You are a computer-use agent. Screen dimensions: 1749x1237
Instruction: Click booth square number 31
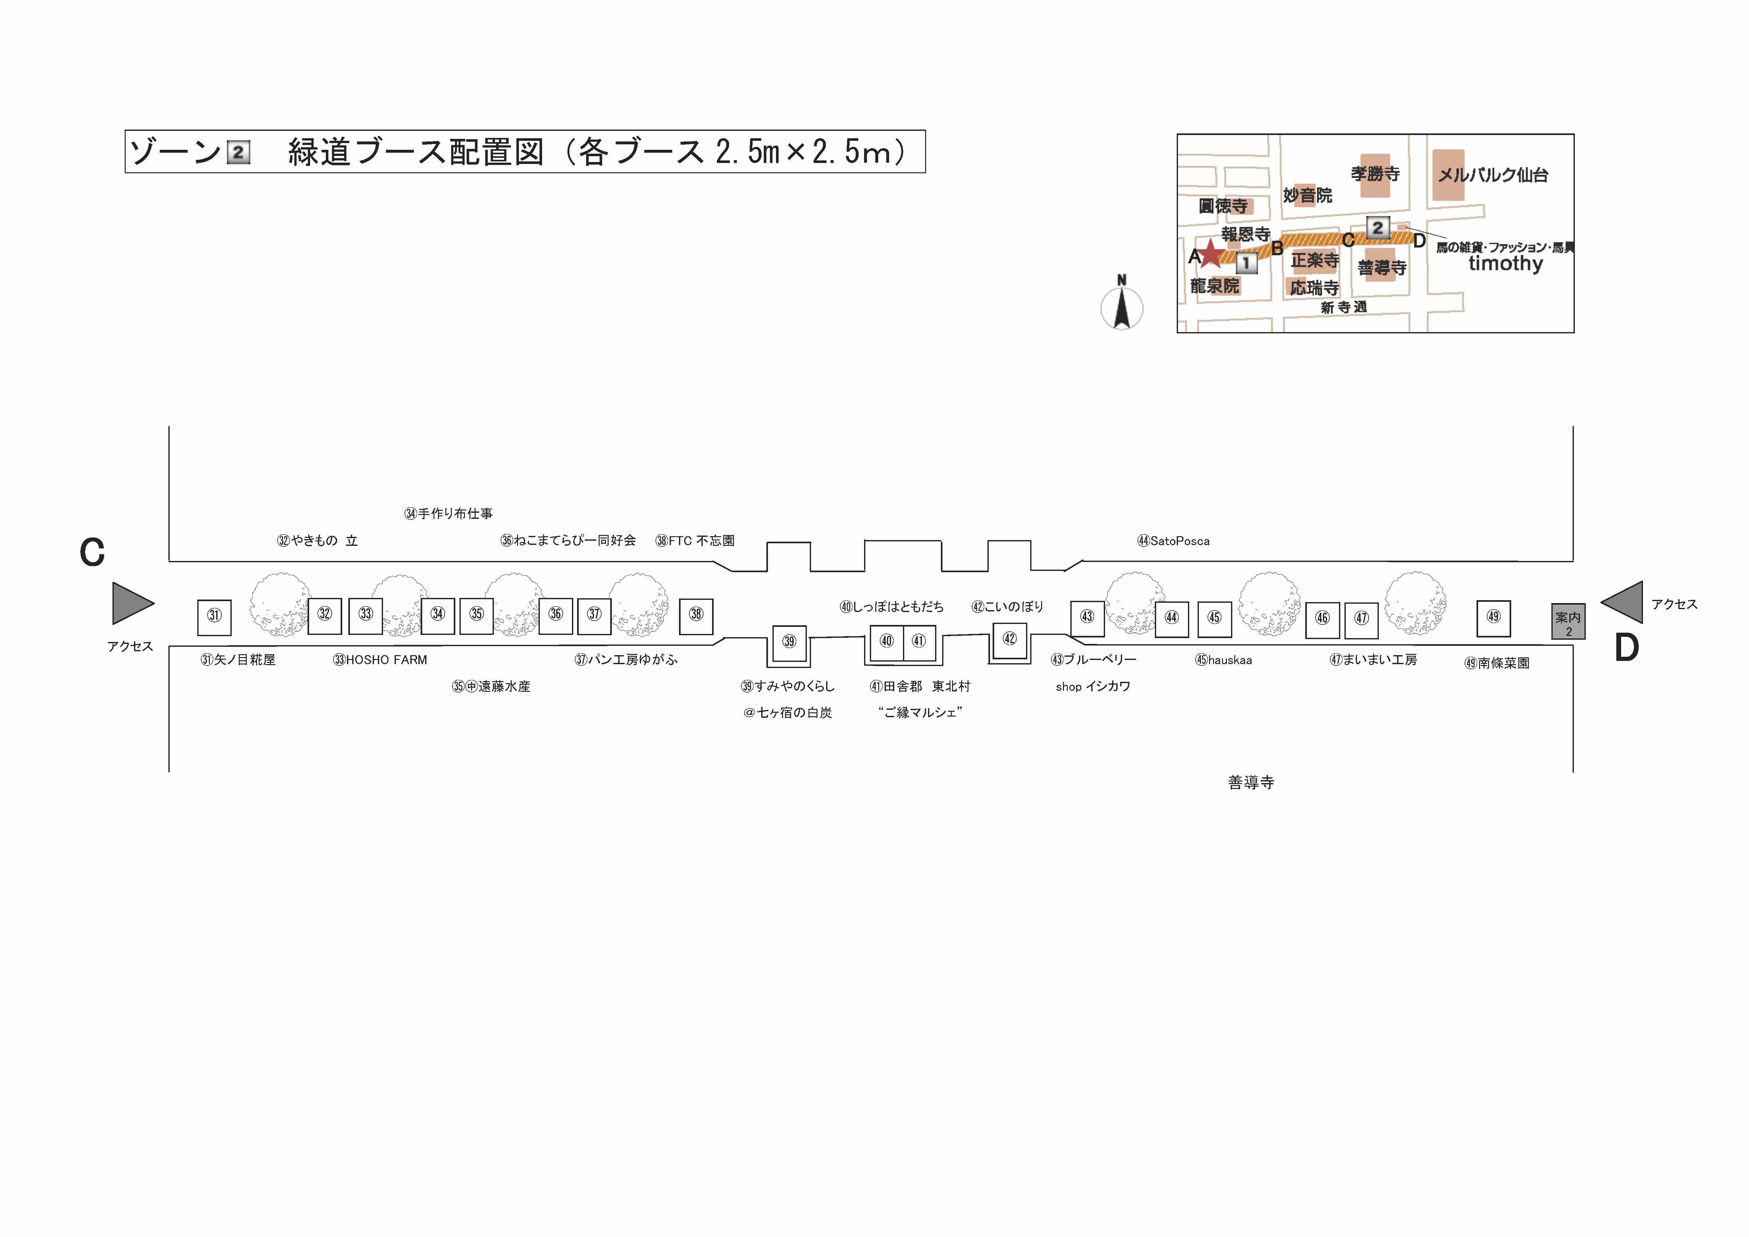[214, 617]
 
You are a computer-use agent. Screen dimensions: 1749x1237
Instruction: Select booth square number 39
[789, 642]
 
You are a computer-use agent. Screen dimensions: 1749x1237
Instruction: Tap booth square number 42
[1009, 639]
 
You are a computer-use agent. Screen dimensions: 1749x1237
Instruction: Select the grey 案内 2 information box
[1568, 621]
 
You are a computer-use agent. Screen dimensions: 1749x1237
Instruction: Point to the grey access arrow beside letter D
[1621, 602]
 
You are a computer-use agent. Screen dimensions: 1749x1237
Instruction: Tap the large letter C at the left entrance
[92, 553]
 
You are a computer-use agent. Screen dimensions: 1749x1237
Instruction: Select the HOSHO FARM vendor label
[380, 660]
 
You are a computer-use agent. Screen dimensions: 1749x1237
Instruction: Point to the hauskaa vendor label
[1223, 660]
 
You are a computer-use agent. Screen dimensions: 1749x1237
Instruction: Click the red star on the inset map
[1210, 254]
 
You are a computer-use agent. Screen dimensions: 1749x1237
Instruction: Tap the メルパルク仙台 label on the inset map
[1493, 175]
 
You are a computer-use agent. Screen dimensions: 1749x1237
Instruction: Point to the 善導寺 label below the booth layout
[1251, 783]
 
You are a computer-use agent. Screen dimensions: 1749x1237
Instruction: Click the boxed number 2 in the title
[238, 152]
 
